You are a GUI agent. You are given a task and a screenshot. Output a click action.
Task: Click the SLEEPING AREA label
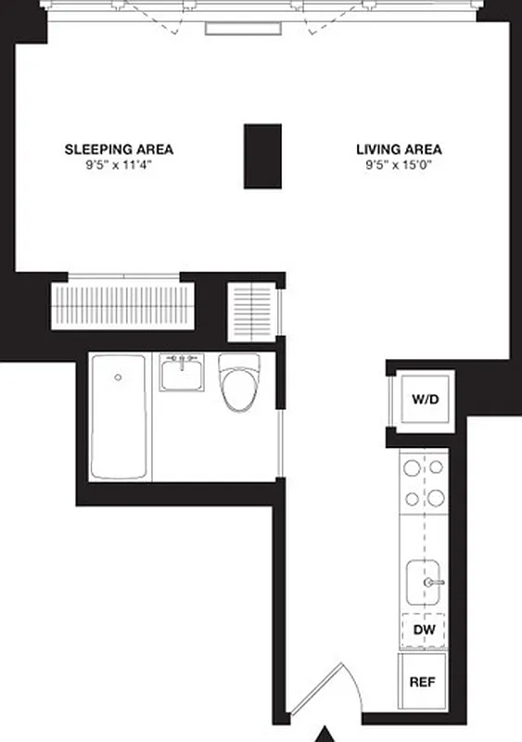119,148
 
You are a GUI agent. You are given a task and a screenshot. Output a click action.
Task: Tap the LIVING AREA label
399,148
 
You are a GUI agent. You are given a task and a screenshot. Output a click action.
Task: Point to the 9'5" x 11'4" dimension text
119,166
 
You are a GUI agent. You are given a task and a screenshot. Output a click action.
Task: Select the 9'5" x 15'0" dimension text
399,166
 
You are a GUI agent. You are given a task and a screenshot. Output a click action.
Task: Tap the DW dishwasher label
424,631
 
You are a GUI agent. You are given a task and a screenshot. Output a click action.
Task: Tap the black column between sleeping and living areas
262,156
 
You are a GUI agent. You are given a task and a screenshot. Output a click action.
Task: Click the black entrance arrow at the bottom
325,734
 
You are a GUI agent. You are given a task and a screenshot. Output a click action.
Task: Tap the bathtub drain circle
118,377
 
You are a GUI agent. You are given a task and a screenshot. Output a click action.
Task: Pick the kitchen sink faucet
433,582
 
